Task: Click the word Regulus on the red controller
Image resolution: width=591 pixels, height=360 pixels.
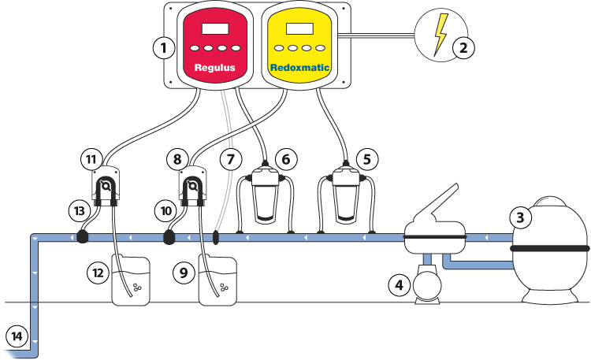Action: tap(215, 68)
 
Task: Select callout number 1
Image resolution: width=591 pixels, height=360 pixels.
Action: tap(163, 48)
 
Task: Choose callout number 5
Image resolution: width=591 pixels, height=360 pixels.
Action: tap(365, 158)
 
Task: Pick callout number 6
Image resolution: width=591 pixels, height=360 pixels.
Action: tap(285, 159)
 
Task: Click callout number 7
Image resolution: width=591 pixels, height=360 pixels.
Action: tap(230, 159)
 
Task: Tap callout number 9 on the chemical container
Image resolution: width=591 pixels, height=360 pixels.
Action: tap(184, 273)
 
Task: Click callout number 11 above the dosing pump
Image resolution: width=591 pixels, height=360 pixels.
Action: tap(91, 159)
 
